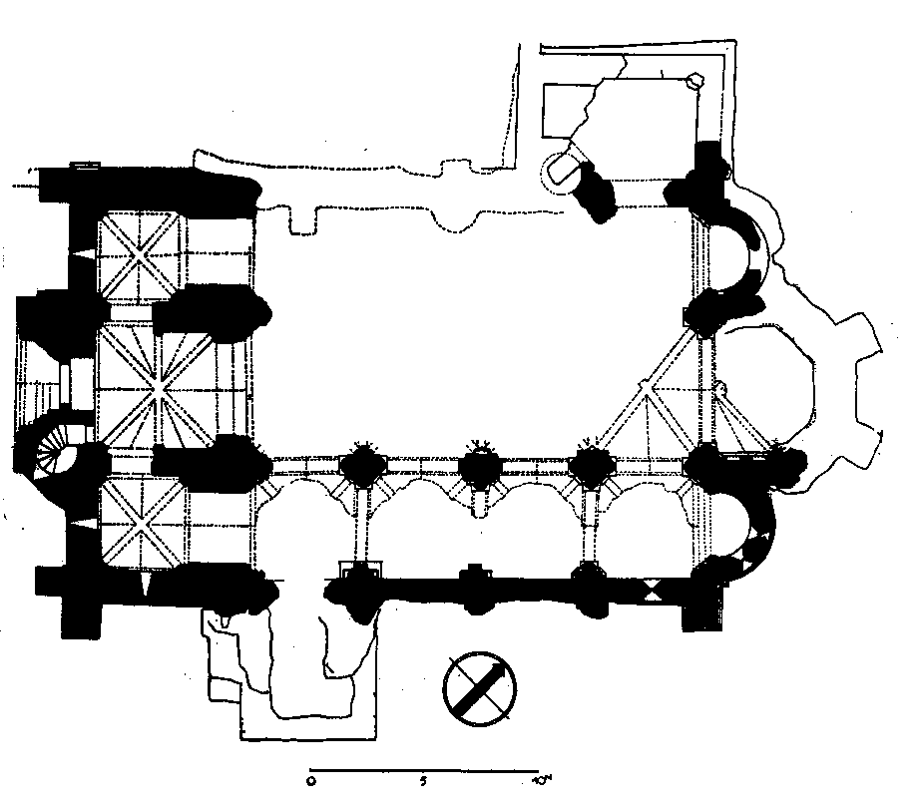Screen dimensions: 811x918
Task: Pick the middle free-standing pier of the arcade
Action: [x=480, y=468]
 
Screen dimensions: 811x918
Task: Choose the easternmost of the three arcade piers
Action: [x=594, y=468]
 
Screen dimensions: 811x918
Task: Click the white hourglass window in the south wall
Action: [x=653, y=590]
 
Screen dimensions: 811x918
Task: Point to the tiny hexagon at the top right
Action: [x=694, y=83]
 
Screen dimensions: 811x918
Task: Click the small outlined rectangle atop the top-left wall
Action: [x=85, y=163]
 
